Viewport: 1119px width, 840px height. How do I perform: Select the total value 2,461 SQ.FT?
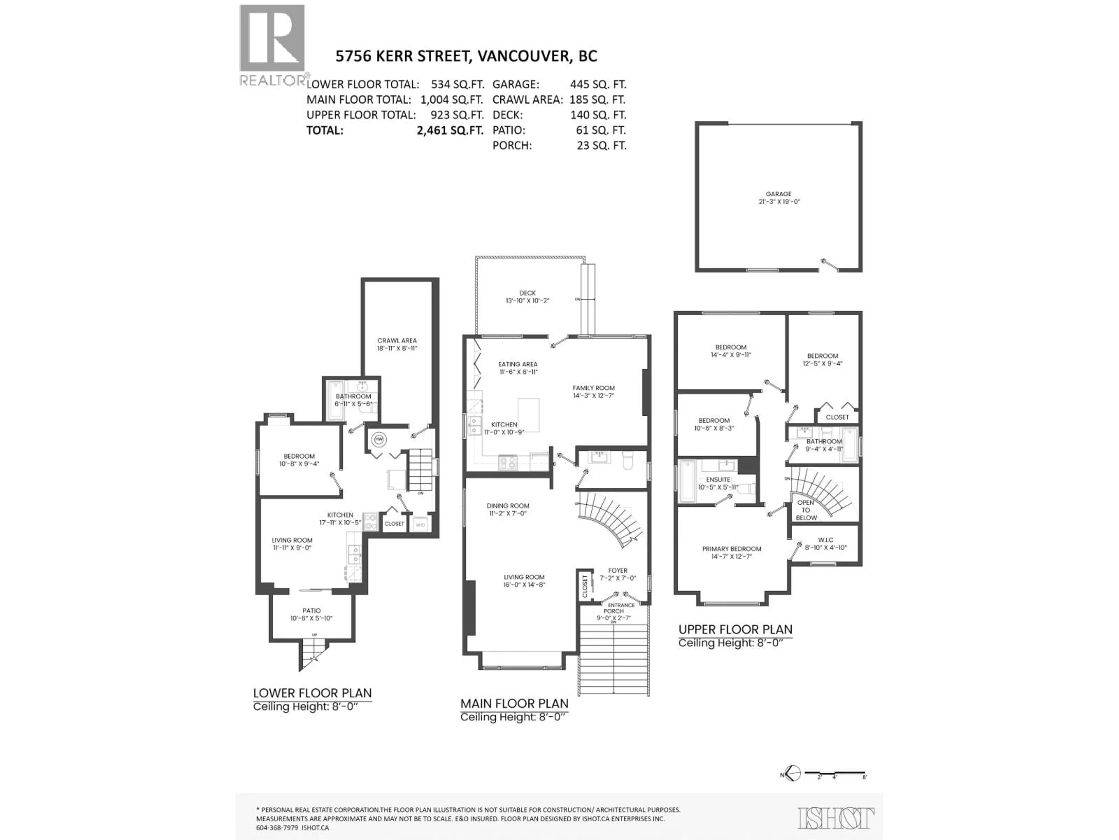tap(450, 130)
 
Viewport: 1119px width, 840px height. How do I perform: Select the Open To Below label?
tap(806, 510)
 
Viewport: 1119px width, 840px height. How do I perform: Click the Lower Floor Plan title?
tap(312, 693)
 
